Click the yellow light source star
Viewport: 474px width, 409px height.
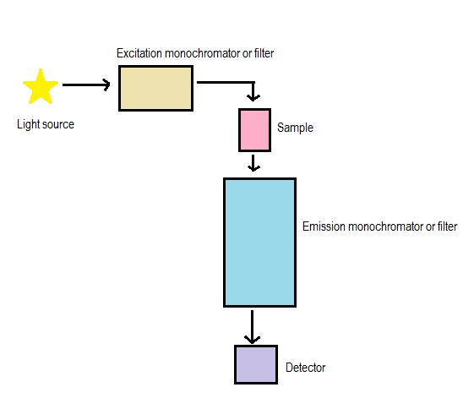point(41,87)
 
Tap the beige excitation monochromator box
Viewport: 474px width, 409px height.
point(155,88)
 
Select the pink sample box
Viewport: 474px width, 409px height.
point(254,130)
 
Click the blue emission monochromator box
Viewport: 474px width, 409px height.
point(259,243)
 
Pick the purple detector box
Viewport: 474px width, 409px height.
point(256,365)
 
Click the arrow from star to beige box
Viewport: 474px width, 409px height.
point(86,85)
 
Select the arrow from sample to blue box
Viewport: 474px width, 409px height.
point(253,163)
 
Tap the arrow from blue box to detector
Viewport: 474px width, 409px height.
point(252,327)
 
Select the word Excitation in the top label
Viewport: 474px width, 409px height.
point(139,53)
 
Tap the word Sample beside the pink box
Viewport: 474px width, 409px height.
point(295,128)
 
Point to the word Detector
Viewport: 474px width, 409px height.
point(306,368)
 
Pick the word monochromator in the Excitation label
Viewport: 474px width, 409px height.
point(202,53)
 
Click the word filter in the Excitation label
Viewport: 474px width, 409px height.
point(264,53)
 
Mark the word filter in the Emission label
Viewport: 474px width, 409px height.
point(448,226)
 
